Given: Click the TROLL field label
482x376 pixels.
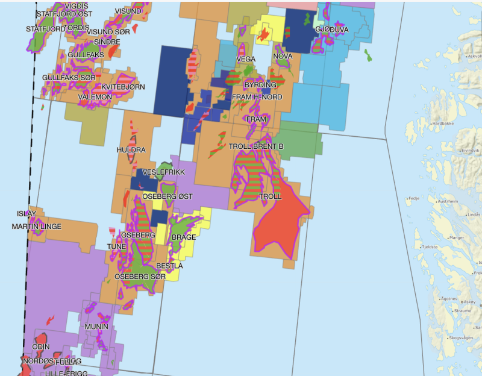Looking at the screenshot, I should pyautogui.click(x=271, y=196).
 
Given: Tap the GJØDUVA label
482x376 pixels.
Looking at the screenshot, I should pyautogui.click(x=331, y=30).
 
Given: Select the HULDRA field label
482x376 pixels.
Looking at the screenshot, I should pyautogui.click(x=131, y=149).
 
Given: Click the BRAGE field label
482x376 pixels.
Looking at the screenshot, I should pyautogui.click(x=184, y=237).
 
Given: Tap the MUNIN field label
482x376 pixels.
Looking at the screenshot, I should pyautogui.click(x=96, y=327).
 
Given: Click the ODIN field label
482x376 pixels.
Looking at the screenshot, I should pyautogui.click(x=41, y=347).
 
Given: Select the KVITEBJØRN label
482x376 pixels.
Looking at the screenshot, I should pyautogui.click(x=123, y=87).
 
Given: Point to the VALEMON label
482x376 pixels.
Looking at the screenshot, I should pyautogui.click(x=95, y=97).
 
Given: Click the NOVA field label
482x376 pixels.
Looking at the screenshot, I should pyautogui.click(x=283, y=57).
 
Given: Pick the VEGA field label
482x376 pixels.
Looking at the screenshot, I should pyautogui.click(x=245, y=59).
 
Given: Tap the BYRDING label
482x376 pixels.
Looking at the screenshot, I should pyautogui.click(x=260, y=85).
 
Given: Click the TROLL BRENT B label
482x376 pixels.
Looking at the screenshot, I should pyautogui.click(x=256, y=146).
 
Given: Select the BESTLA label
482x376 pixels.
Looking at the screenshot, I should pyautogui.click(x=169, y=266).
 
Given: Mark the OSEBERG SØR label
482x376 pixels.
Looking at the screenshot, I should pyautogui.click(x=140, y=277).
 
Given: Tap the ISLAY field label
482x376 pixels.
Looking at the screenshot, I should pyautogui.click(x=26, y=213).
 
